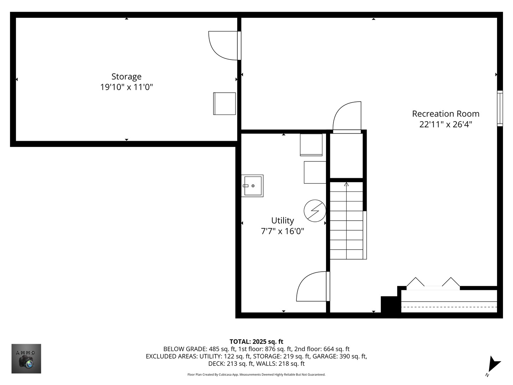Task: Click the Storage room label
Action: tap(126, 77)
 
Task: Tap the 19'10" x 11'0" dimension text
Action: tap(126, 87)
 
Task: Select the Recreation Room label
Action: tap(446, 114)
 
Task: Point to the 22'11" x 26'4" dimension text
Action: tap(446, 124)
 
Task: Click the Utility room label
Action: tap(283, 220)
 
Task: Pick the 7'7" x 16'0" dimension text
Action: tap(283, 231)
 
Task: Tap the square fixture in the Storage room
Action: tap(224, 103)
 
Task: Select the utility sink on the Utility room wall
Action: tap(253, 186)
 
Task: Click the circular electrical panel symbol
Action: tap(315, 211)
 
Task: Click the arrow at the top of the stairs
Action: tap(346, 184)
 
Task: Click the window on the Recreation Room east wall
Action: tap(500, 108)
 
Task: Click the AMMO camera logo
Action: tap(26, 359)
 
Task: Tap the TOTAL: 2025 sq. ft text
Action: tap(256, 342)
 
